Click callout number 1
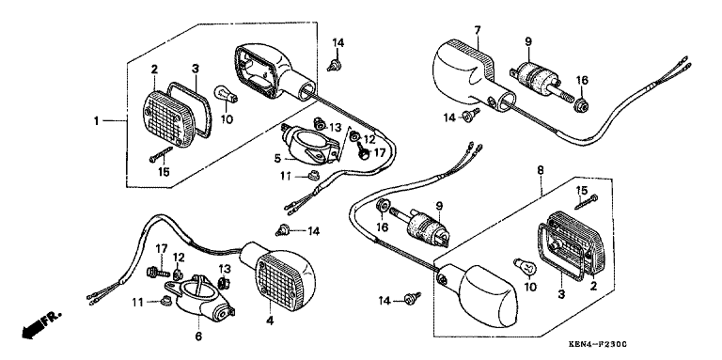coord(96,121)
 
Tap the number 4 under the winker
coord(270,321)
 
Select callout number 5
coord(277,158)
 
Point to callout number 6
coord(198,337)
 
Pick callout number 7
coord(478,31)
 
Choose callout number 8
coord(541,170)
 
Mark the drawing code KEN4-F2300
coord(598,344)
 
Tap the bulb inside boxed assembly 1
coord(227,94)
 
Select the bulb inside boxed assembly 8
coord(525,267)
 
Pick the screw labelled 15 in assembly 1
coord(161,154)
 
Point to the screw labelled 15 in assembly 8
coord(587,201)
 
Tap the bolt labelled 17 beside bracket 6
coord(158,273)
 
